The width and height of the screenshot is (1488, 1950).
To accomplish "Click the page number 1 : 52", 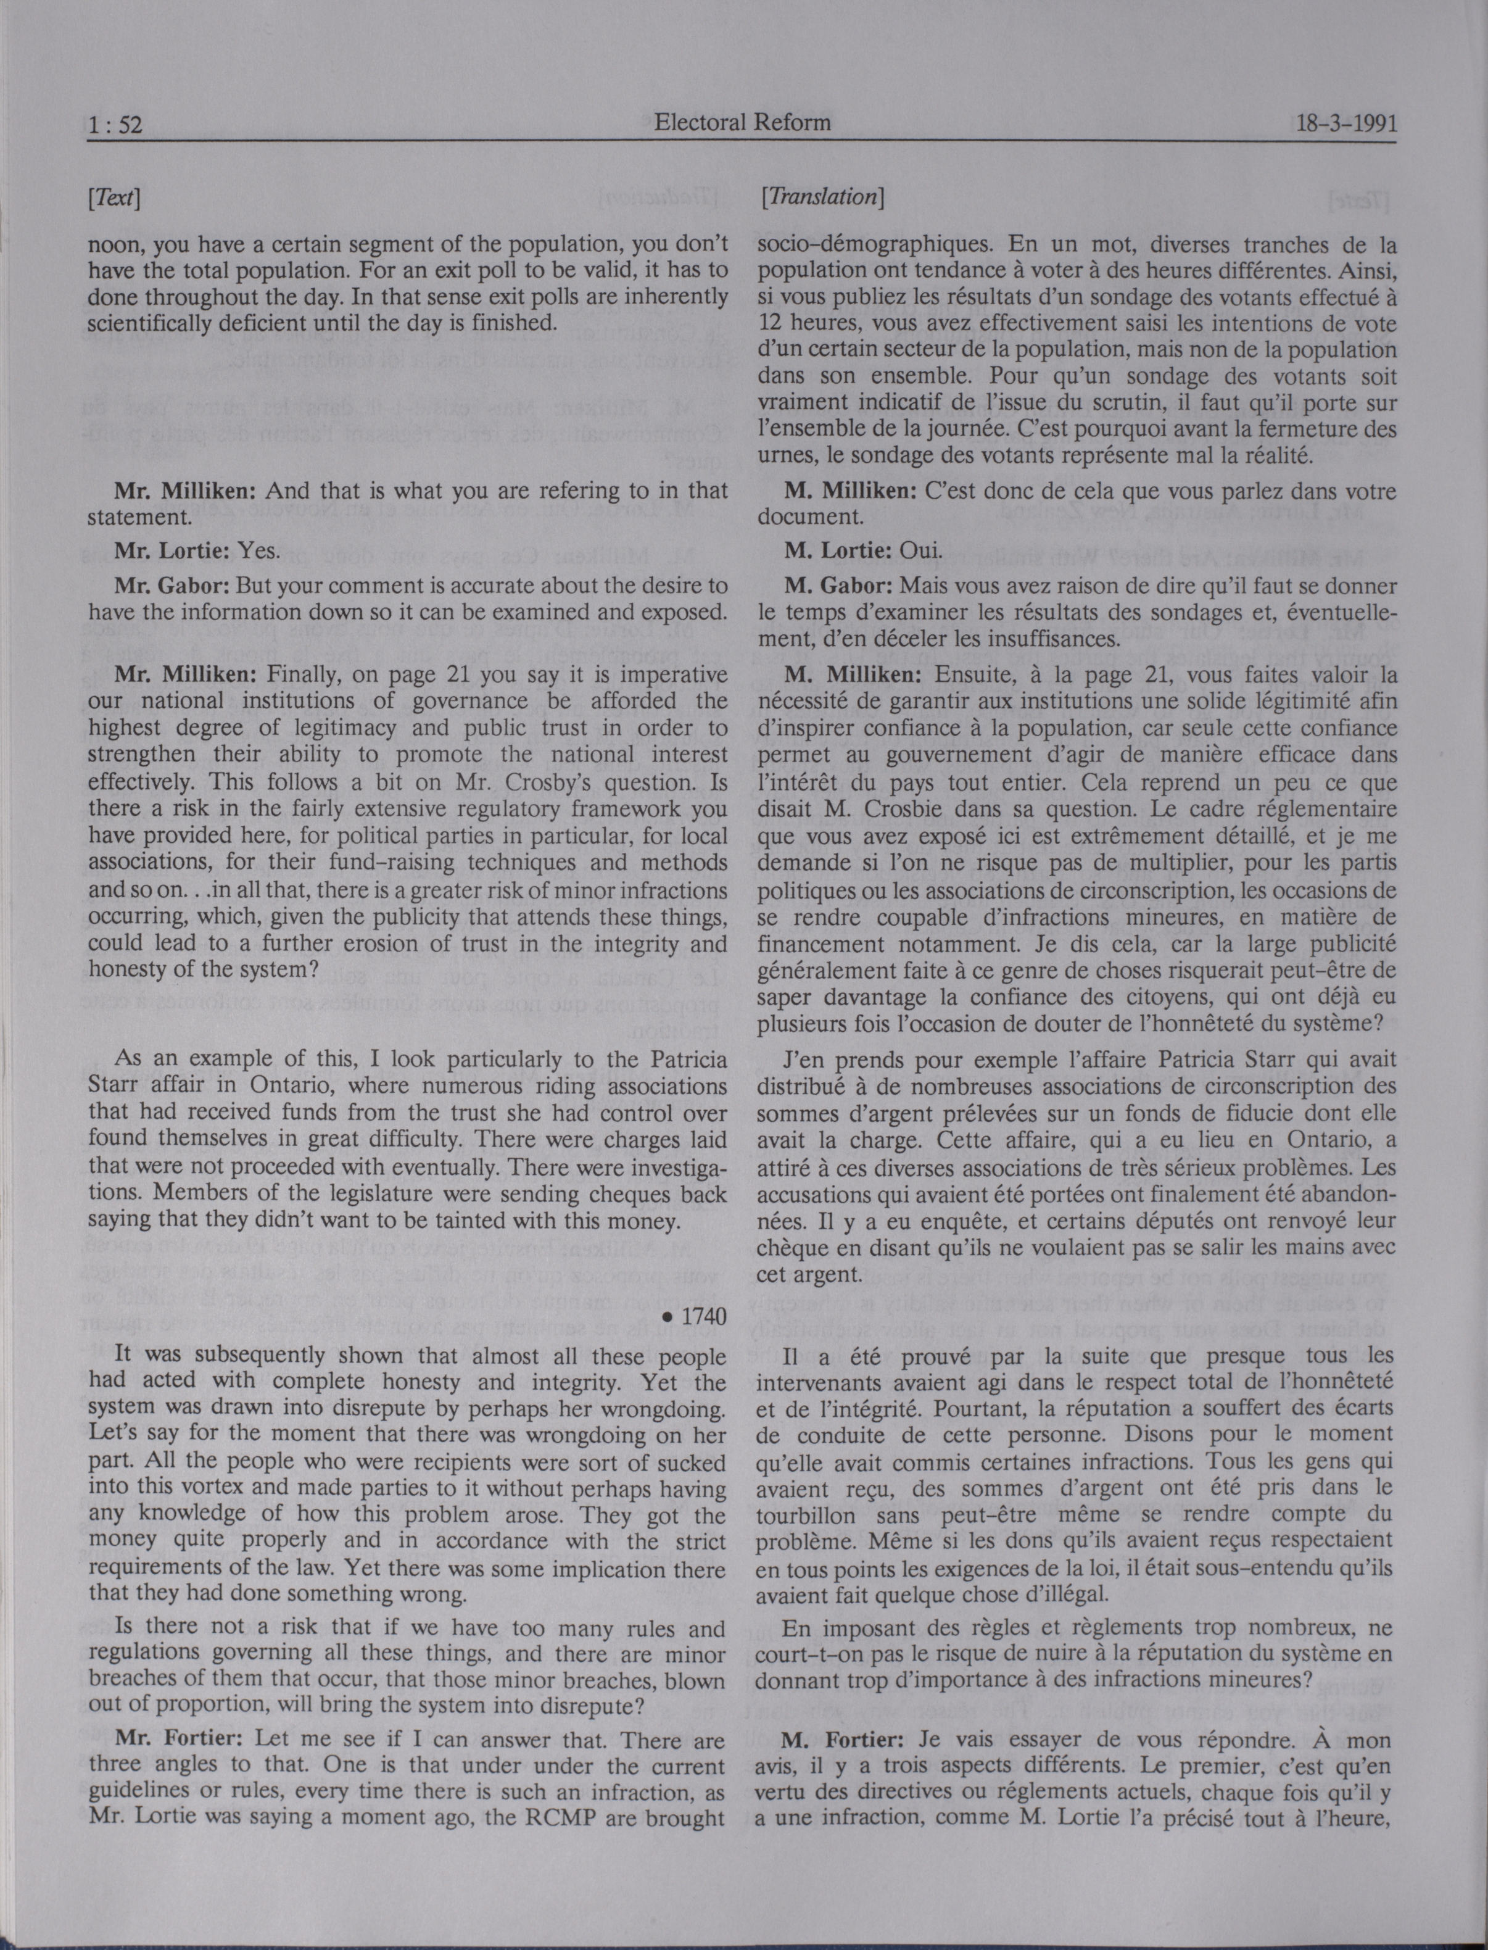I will click(x=115, y=125).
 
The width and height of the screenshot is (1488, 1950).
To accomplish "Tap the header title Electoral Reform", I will click(x=742, y=122).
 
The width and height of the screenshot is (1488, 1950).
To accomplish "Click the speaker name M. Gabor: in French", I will click(x=839, y=586).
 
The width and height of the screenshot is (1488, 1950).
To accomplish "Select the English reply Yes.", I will click(x=260, y=550).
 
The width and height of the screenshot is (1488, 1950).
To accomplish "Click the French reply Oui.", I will click(x=920, y=550).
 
